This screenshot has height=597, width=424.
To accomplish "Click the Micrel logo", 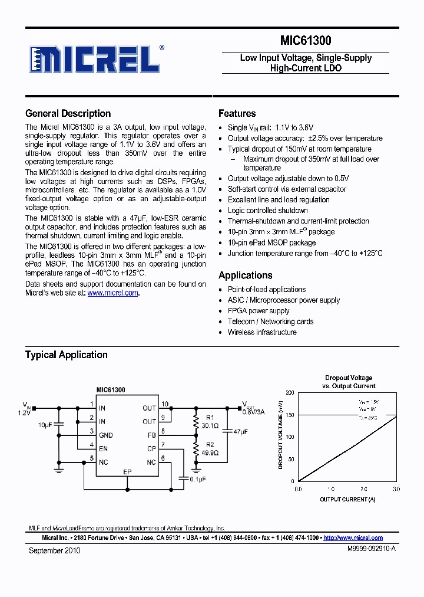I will [95, 59].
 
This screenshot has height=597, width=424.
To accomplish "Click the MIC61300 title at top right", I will [305, 41].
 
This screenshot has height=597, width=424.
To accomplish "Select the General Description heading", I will [68, 114].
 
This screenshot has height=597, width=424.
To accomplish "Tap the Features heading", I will [237, 114].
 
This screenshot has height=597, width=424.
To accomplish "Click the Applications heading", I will [245, 275].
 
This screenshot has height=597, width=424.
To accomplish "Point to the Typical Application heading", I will [66, 355].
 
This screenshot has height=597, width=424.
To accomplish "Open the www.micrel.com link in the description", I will [112, 293].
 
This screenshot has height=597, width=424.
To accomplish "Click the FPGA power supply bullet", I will [259, 311].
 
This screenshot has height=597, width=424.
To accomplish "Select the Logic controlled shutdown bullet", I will [267, 211].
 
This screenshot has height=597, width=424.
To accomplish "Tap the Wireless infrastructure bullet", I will [262, 332].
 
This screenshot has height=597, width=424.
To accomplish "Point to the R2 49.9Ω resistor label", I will [210, 449].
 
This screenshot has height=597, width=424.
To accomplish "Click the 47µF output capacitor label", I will [240, 432].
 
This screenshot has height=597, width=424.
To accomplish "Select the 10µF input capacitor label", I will [45, 425].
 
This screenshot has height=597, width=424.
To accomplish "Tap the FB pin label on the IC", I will [151, 435].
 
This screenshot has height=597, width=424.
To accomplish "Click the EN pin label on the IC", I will [102, 448].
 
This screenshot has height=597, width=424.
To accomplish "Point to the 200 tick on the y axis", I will [289, 392].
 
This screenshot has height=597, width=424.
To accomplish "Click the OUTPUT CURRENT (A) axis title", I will [347, 499].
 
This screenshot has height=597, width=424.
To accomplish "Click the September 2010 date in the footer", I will [54, 550].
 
